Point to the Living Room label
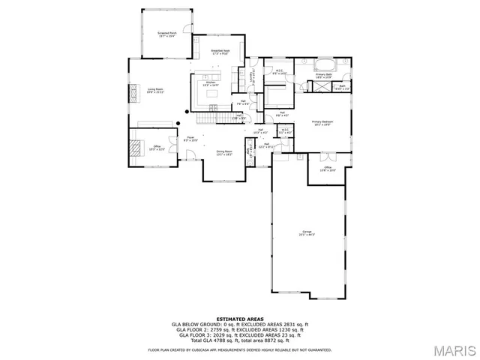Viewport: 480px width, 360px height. coord(155,89)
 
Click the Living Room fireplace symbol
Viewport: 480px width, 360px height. coord(134,92)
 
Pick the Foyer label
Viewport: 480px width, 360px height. coord(191,139)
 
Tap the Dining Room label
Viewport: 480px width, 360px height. coord(223,152)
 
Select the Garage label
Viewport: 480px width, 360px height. coord(307,232)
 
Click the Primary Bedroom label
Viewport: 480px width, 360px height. coord(322,122)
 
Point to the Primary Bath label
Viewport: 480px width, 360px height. coord(323,75)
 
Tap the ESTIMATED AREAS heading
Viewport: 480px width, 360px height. coord(239,318)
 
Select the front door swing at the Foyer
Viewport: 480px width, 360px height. coord(190,156)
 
